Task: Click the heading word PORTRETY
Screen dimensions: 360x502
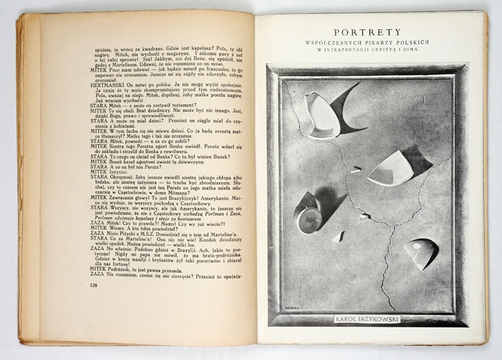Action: pos(368,31)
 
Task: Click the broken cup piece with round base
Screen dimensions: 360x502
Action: pos(309,213)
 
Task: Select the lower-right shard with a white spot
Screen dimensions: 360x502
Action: pos(419,252)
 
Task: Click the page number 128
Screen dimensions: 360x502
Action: pos(93,285)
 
